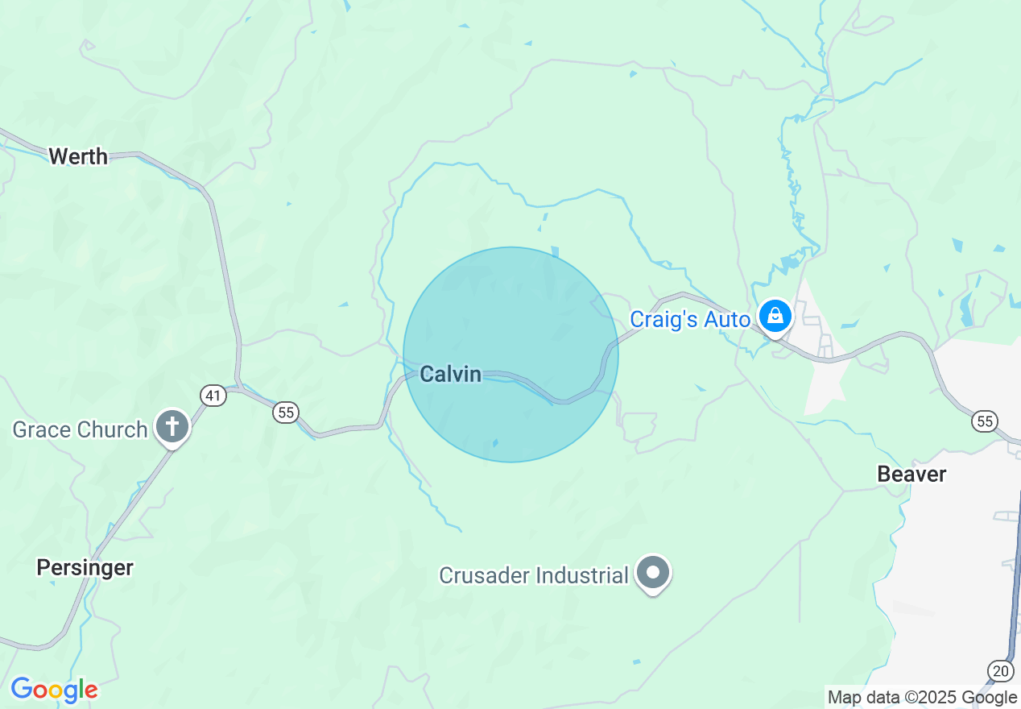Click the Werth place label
click(78, 156)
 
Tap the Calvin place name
click(451, 374)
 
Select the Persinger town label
click(85, 567)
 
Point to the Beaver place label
click(911, 474)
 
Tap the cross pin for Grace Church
click(172, 426)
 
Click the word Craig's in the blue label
click(664, 320)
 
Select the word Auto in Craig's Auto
click(727, 320)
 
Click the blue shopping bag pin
click(775, 317)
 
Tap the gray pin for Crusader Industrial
click(653, 573)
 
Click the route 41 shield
click(213, 395)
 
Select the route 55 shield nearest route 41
click(285, 413)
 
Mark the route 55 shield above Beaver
click(984, 421)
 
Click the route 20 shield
click(1000, 670)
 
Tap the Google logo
click(54, 690)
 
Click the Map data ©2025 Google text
click(922, 698)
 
